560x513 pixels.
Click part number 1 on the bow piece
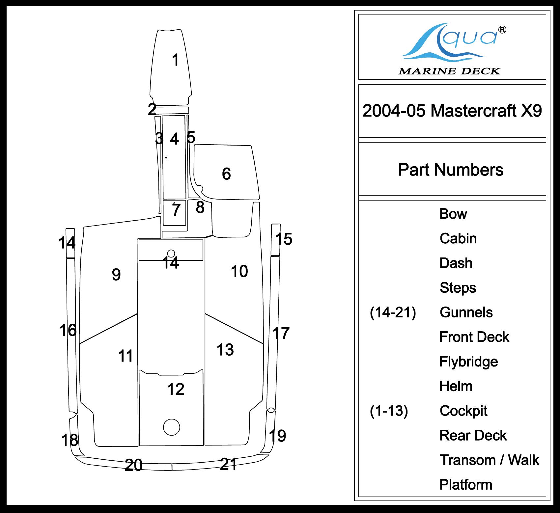176,60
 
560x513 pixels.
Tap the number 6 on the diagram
226,174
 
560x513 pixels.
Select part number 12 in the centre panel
176,390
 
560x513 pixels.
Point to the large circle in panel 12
171,427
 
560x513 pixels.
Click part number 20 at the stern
133,465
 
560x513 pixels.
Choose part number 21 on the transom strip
228,464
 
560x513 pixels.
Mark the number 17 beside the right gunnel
281,333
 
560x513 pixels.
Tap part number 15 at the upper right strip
284,239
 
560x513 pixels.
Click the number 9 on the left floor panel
116,275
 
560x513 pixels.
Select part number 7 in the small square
176,210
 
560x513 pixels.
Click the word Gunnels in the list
466,312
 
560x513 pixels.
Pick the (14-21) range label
393,312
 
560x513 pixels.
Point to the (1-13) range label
389,411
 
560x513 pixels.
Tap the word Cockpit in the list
463,411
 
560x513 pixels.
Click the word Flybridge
468,362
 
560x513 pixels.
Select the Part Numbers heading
451,170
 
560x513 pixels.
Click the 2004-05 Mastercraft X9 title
452,111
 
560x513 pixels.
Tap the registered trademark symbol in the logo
502,30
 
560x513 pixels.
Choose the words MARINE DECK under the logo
449,71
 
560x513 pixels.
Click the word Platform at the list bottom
466,485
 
